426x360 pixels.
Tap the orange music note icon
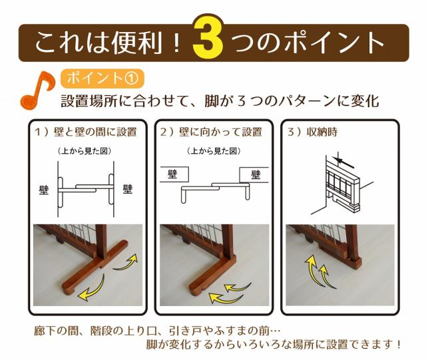click(37, 90)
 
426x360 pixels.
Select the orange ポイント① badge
click(102, 79)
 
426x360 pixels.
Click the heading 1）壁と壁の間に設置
click(85, 132)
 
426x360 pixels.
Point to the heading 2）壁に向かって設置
click(212, 132)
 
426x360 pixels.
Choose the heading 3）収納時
click(312, 132)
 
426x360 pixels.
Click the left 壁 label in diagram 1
click(44, 190)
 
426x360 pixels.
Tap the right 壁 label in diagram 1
click(128, 188)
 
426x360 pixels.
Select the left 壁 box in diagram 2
click(174, 174)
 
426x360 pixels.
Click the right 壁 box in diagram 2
click(254, 174)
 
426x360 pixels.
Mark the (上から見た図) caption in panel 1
click(85, 151)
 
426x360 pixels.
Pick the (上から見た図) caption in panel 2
click(214, 151)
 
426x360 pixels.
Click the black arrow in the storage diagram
click(344, 162)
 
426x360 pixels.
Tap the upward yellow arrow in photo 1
click(126, 262)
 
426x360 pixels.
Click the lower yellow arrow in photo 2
click(226, 298)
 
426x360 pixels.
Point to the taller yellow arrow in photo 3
click(314, 271)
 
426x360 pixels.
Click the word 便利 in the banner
click(136, 43)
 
